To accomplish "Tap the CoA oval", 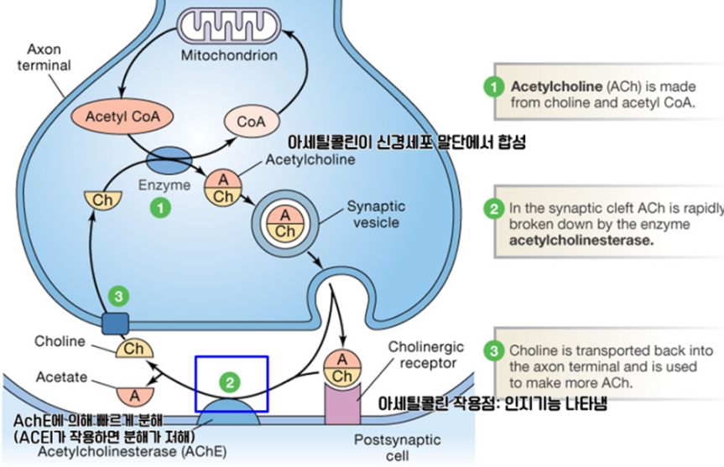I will [x=251, y=122].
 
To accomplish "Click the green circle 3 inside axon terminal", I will [x=120, y=296].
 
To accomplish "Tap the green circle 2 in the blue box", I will [x=232, y=381].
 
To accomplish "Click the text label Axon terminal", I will [x=44, y=57].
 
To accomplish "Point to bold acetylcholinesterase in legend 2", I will [x=581, y=240].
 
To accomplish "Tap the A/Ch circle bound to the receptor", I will [x=342, y=366].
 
